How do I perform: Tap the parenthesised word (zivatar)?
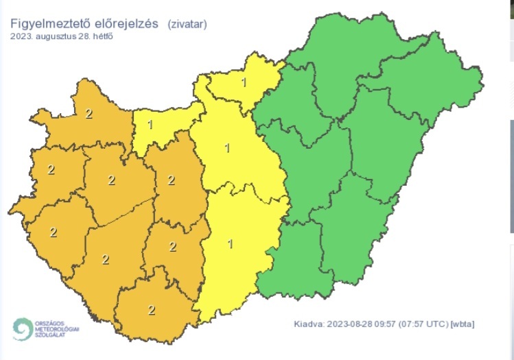click(187, 24)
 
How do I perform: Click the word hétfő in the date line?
click(103, 36)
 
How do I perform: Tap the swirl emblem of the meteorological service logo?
click(23, 329)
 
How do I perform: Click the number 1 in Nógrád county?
click(244, 83)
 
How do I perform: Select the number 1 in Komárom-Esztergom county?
click(150, 124)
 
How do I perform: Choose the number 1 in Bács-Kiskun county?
click(230, 243)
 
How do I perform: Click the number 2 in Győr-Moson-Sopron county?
click(89, 114)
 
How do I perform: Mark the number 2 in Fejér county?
click(171, 180)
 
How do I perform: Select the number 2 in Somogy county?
click(105, 259)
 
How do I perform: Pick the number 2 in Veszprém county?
click(111, 180)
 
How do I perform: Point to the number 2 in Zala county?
click(52, 232)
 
